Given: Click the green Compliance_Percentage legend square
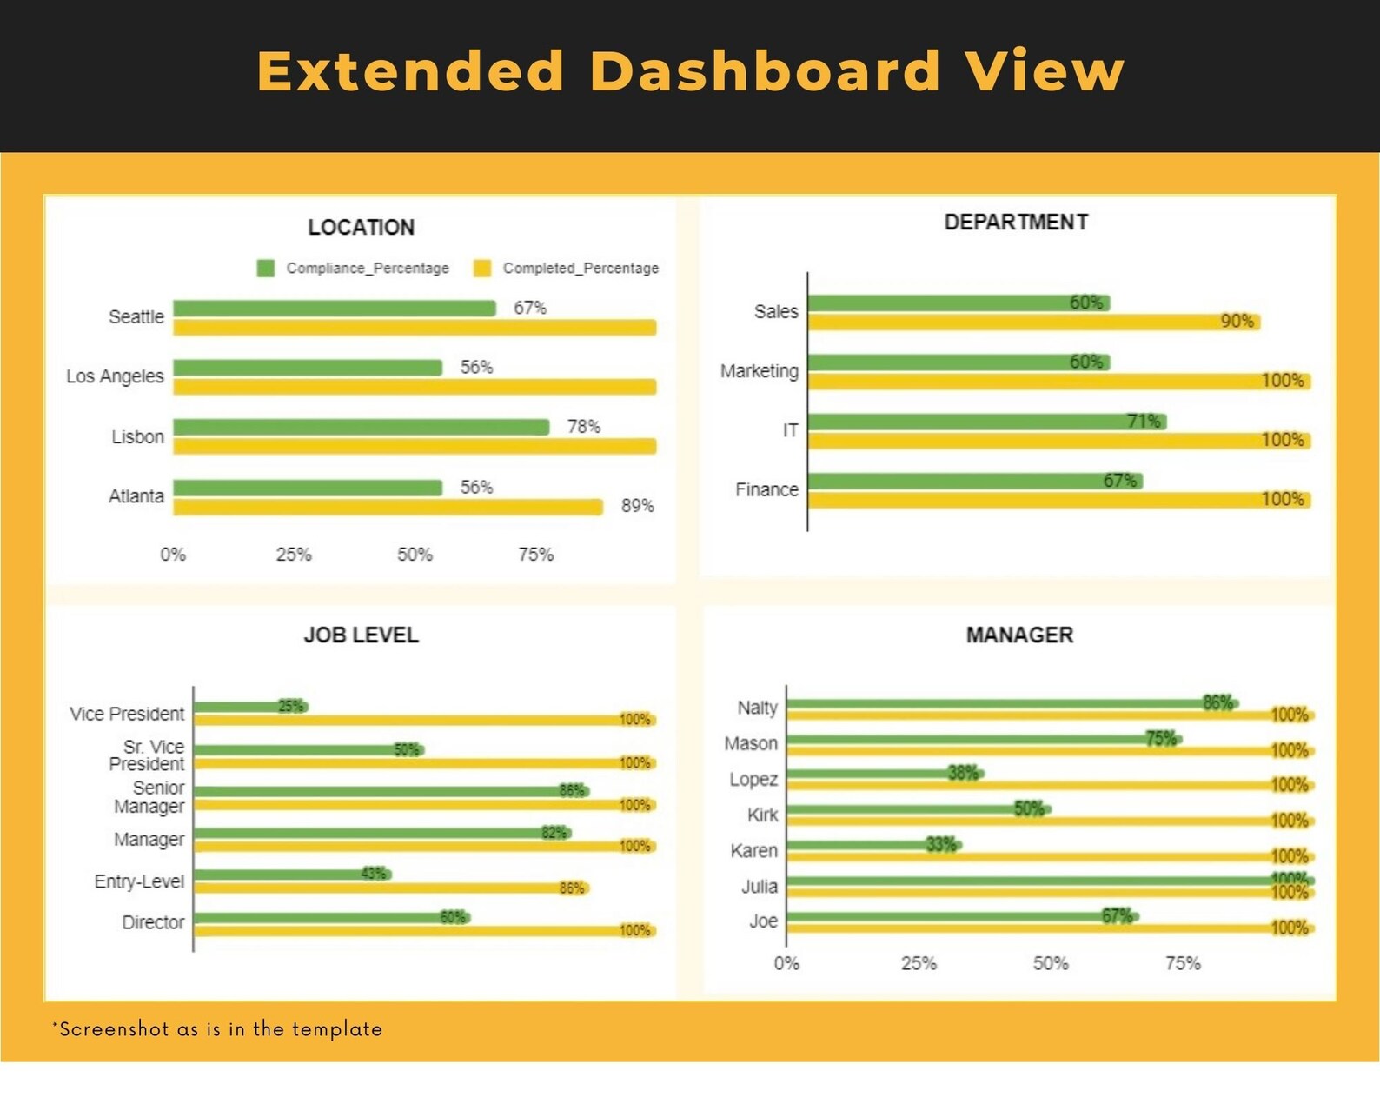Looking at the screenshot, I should (x=266, y=268).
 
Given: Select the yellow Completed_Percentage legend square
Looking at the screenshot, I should (x=482, y=268).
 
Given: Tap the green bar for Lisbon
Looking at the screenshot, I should (x=361, y=427).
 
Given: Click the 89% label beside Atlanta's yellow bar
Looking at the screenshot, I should (x=637, y=506).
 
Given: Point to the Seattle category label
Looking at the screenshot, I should (x=136, y=317).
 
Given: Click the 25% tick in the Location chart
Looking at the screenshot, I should (x=294, y=555).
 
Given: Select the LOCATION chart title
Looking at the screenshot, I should (x=361, y=228).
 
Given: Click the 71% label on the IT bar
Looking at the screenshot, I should (x=1144, y=421).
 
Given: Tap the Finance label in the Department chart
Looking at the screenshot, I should (x=766, y=490).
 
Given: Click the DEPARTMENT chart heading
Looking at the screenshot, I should (x=1016, y=223).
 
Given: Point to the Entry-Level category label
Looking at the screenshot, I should (x=139, y=881).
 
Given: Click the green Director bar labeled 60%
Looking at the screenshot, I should (x=330, y=917).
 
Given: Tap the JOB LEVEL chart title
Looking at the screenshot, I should (x=361, y=635).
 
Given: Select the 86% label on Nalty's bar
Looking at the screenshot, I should (x=1217, y=702).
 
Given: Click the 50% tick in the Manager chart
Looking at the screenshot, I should (x=1051, y=963).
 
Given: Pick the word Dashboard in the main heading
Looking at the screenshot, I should (x=765, y=71).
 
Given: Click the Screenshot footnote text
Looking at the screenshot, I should (x=217, y=1029).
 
